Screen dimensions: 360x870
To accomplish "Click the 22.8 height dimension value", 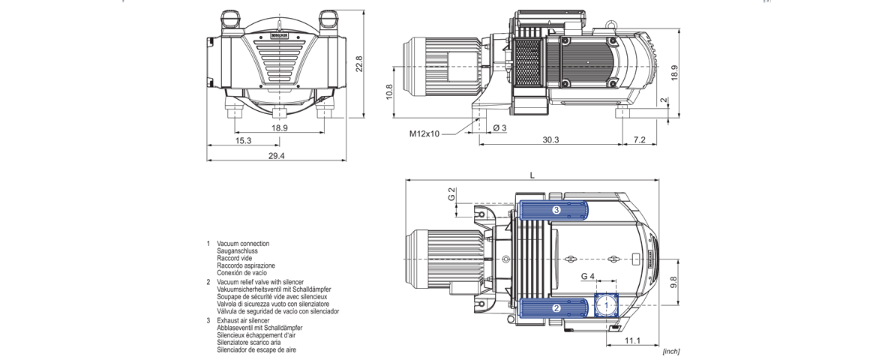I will click(359, 65).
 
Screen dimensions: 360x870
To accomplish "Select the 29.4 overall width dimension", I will click(276, 155).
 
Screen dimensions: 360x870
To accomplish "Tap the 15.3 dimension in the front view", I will click(243, 140).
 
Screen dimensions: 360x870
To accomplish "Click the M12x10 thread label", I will click(424, 134).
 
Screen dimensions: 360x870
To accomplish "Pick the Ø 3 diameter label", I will click(499, 127).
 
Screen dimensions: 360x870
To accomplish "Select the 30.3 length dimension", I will click(550, 140).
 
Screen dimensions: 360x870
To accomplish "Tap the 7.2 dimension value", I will click(639, 140).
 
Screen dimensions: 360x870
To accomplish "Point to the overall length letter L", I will click(532, 175).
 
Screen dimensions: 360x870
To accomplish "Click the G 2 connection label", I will click(451, 194).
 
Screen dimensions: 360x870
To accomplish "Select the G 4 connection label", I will click(588, 277).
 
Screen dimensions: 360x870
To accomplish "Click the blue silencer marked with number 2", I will click(556, 307).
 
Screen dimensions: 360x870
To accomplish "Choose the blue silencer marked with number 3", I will click(556, 210).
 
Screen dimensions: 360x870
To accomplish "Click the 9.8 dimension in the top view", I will click(673, 283).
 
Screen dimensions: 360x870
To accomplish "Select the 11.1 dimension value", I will click(631, 341).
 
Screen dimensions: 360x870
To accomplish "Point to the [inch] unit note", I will click(670, 351).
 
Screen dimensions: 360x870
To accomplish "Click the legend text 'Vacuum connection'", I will click(242, 244).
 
